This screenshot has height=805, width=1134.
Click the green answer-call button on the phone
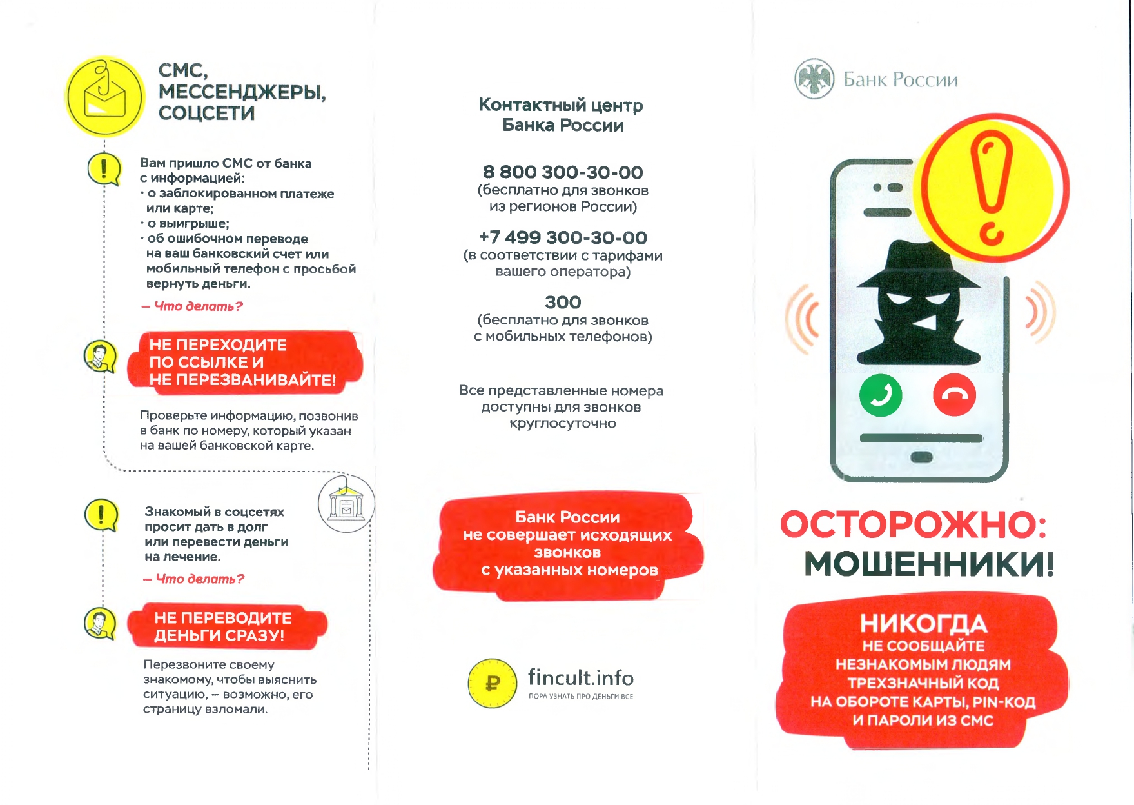[880, 395]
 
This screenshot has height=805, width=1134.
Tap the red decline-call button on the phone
[954, 395]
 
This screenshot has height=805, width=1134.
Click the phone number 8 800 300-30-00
[563, 172]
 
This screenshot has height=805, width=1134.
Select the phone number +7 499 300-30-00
[563, 237]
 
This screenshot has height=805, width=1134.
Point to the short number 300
[563, 302]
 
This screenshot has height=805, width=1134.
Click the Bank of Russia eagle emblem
[814, 79]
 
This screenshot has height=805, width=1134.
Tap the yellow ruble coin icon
[493, 683]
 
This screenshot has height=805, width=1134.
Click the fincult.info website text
[580, 677]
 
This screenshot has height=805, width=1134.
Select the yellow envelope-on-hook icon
[105, 97]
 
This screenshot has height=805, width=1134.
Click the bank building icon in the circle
[346, 504]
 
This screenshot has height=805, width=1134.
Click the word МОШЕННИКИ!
[929, 564]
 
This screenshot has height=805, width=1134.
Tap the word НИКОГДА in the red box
[923, 623]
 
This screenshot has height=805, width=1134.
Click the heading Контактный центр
[560, 104]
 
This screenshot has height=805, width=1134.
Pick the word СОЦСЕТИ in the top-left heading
[206, 114]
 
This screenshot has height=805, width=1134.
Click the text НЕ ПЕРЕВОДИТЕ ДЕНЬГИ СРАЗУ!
[222, 626]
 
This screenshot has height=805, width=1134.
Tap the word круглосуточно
[563, 424]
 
